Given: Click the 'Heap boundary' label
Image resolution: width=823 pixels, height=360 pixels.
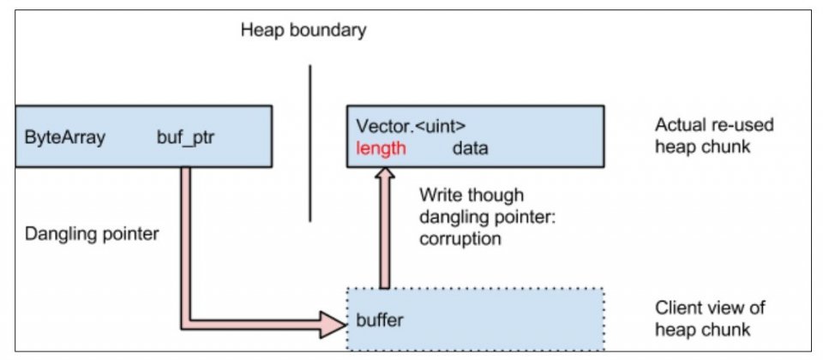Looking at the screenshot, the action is click(x=303, y=30).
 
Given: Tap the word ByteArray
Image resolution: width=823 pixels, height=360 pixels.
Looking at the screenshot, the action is click(x=65, y=137).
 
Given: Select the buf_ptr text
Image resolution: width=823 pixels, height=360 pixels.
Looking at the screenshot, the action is click(x=186, y=138).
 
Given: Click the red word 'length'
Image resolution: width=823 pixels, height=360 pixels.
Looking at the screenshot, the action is click(x=381, y=148).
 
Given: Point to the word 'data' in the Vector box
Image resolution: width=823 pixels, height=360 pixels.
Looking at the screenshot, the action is click(x=471, y=148).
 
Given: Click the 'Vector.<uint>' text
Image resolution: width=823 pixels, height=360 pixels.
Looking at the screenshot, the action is click(x=411, y=126).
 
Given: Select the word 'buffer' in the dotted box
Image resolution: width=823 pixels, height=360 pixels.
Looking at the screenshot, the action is click(x=380, y=320).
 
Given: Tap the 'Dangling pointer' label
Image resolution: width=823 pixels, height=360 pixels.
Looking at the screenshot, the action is click(x=92, y=233).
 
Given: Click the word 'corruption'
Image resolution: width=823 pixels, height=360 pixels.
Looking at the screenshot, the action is click(x=460, y=239).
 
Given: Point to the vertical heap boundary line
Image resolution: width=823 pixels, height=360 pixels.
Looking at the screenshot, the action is click(x=309, y=143).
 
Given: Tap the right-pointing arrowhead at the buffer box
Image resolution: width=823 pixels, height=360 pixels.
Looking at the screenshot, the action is click(x=333, y=324).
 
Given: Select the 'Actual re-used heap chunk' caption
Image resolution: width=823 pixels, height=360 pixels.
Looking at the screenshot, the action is click(x=714, y=135).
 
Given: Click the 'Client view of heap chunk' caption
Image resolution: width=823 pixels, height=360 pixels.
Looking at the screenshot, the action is click(x=710, y=318).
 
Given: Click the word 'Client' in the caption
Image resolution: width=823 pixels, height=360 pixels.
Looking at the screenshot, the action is click(x=676, y=308).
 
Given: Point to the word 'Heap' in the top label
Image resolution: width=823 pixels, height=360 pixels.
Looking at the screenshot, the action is click(x=261, y=30).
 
